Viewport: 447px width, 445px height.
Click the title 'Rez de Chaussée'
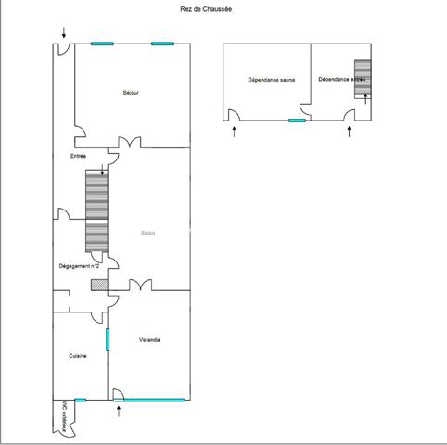[205, 9]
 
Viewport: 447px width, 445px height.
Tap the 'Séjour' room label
[132, 93]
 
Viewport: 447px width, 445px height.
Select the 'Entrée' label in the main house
[78, 156]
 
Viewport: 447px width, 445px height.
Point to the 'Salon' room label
[147, 233]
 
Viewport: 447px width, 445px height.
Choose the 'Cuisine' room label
[78, 355]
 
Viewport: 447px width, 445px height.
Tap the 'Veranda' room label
[150, 340]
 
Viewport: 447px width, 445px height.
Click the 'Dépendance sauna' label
[266, 80]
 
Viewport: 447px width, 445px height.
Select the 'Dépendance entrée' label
[340, 80]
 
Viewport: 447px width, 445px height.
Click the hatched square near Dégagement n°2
[98, 285]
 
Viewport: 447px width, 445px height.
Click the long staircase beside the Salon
[96, 210]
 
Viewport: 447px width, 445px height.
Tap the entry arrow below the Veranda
[120, 413]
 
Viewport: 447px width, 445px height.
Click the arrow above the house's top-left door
[64, 33]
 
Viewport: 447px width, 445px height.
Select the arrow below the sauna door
[234, 132]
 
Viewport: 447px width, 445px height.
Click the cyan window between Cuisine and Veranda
[108, 339]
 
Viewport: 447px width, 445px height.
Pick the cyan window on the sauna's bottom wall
[298, 121]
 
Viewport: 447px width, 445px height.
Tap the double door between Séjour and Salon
[124, 145]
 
